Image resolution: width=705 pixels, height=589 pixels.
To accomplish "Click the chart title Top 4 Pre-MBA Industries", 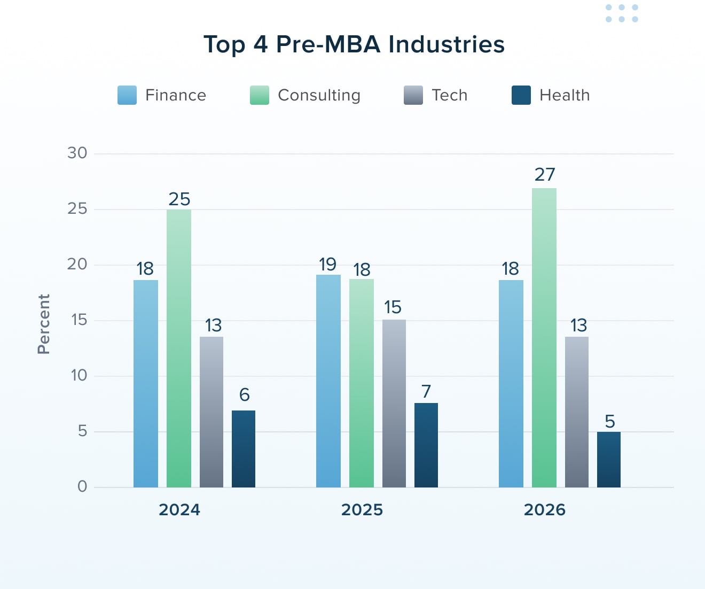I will (354, 44).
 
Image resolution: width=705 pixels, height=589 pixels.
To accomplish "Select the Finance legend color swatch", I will (127, 95).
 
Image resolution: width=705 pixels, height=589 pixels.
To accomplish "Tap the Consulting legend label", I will (319, 95).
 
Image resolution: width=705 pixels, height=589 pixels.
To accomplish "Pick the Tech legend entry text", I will (449, 95).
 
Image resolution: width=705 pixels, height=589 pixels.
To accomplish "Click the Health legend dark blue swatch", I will (521, 95).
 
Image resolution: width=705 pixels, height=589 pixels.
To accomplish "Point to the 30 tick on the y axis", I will (77, 153).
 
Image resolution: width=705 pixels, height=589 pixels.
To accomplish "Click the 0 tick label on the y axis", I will (82, 486).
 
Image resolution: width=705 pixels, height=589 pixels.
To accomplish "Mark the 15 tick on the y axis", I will (79, 320).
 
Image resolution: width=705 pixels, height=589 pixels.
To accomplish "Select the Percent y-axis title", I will (44, 324).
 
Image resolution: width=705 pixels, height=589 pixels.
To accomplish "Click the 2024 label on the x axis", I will (179, 510).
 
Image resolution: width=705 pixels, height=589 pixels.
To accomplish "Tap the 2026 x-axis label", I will (544, 510).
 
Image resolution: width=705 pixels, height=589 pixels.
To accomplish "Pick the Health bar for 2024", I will (244, 449).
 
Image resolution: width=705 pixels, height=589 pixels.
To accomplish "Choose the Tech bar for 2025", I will (394, 404).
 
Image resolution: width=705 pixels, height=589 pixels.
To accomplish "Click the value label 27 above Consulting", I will (545, 175).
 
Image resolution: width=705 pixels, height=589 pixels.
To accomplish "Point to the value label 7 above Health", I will (426, 392).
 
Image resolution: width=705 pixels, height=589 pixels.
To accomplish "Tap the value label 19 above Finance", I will (327, 265).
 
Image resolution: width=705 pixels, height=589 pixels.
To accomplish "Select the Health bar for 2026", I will (609, 460).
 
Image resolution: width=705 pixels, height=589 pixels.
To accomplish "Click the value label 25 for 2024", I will (179, 199).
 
